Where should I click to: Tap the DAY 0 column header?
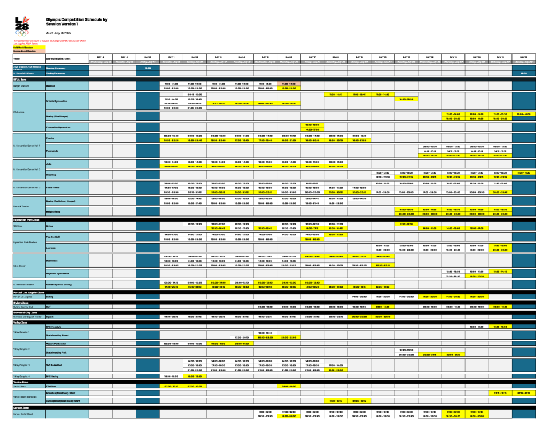[147, 57]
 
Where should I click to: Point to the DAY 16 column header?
[523, 57]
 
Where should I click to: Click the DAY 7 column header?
[312, 57]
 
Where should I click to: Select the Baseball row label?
[52, 85]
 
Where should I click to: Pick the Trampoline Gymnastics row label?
[58, 127]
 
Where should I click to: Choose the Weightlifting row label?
[55, 211]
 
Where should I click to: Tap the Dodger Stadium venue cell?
[21, 85]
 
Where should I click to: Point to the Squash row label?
[50, 316]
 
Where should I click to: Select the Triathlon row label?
[52, 386]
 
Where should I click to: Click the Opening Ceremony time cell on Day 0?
[147, 67]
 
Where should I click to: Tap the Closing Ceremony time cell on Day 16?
[523, 73]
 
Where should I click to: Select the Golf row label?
[49, 307]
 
